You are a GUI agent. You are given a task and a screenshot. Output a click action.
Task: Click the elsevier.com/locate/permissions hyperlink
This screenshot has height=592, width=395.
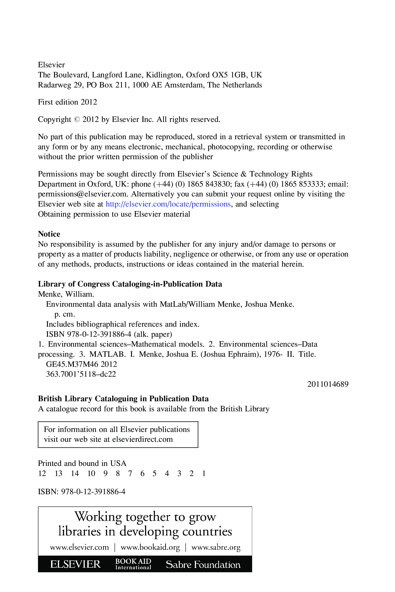pyautogui.click(x=168, y=204)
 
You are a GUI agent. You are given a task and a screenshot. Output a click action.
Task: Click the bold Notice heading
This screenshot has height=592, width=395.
pyautogui.click(x=49, y=234)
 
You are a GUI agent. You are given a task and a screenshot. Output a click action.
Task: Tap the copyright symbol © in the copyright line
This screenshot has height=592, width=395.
pyautogui.click(x=77, y=119)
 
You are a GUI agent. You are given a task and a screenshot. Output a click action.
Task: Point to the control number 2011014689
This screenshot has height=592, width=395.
pyautogui.click(x=328, y=384)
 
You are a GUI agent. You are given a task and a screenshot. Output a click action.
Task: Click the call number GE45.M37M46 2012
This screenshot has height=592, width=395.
pyautogui.click(x=81, y=364)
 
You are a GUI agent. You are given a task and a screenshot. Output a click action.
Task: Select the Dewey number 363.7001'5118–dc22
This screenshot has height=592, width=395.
pyautogui.click(x=81, y=374)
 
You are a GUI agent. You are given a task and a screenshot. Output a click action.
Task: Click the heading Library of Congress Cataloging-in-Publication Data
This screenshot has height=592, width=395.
pyautogui.click(x=130, y=284)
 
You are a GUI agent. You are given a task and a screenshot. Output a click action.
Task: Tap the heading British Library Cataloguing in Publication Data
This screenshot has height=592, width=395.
pyautogui.click(x=123, y=399)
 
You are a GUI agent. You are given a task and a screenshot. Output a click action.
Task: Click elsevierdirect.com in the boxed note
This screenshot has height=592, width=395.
pyautogui.click(x=143, y=439)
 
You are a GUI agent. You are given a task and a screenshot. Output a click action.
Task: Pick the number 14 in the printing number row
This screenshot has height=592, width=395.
pyautogui.click(x=75, y=473)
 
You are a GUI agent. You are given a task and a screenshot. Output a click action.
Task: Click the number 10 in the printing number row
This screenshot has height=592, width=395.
pyautogui.click(x=91, y=473)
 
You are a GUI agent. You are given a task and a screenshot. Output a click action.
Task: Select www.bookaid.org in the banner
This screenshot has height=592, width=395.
pyautogui.click(x=150, y=547)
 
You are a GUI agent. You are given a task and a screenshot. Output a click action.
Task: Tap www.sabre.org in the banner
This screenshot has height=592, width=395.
pyautogui.click(x=216, y=547)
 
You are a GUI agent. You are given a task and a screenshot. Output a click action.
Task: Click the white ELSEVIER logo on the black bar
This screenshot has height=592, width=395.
pyautogui.click(x=75, y=564)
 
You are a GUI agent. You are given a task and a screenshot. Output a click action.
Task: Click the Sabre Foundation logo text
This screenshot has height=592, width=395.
pyautogui.click(x=203, y=565)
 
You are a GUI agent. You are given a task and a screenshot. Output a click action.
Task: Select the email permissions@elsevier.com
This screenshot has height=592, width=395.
pyautogui.click(x=82, y=194)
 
